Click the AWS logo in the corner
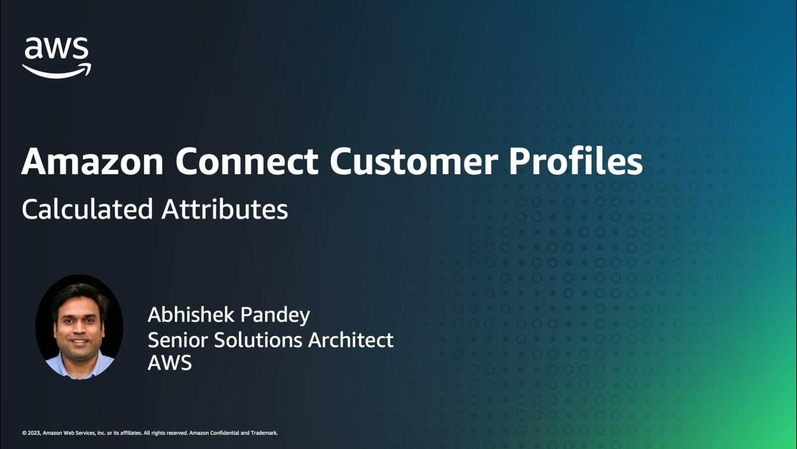(x=57, y=57)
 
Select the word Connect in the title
(x=247, y=162)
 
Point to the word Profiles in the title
(x=576, y=162)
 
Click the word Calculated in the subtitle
(x=87, y=209)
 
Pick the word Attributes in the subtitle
(x=225, y=209)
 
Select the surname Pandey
(x=277, y=316)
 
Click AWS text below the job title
(x=169, y=363)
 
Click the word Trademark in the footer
(x=264, y=433)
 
